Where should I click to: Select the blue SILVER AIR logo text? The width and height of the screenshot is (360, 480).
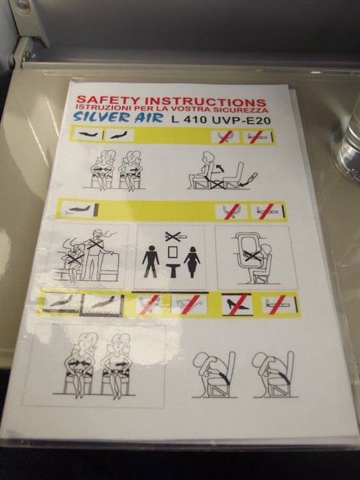(x=118, y=116)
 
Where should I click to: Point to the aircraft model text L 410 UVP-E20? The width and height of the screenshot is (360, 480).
(x=221, y=120)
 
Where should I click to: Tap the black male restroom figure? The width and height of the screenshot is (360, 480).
(x=151, y=260)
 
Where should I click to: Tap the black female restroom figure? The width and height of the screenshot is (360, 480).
(x=192, y=262)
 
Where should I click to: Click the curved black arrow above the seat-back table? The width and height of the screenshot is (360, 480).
(x=218, y=168)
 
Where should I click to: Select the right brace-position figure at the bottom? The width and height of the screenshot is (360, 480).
(x=274, y=374)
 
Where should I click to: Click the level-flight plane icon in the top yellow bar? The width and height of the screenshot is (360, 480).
(x=88, y=134)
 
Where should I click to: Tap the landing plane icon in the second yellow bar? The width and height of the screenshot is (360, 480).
(x=78, y=210)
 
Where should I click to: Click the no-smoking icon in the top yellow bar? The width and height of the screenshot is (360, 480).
(x=258, y=137)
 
